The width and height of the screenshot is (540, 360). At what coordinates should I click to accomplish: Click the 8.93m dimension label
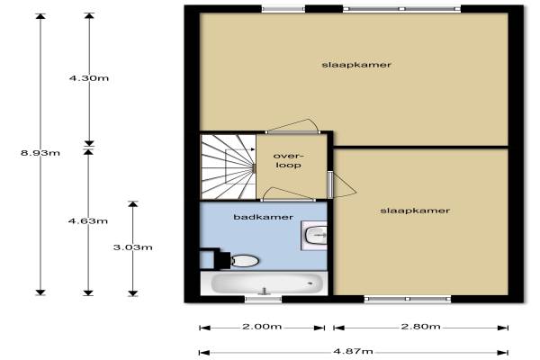40,153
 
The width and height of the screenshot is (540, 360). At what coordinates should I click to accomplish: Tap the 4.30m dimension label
89,78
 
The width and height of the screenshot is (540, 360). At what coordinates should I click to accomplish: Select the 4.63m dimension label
88,220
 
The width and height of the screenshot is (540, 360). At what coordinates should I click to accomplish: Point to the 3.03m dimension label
133,247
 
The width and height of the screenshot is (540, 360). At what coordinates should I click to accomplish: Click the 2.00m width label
262,326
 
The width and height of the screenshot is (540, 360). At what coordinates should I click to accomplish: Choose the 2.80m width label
420,326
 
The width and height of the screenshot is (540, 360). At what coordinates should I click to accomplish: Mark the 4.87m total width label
353,351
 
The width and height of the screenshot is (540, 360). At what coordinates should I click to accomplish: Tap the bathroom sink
314,235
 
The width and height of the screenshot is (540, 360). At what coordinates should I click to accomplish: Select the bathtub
264,283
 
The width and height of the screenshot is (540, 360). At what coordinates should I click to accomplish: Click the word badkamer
264,217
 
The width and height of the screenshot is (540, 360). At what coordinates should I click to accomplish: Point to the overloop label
288,160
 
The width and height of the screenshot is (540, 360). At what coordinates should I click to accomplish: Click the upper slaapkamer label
356,65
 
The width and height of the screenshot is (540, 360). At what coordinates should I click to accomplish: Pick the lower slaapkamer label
415,211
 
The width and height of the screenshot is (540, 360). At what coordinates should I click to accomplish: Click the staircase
229,166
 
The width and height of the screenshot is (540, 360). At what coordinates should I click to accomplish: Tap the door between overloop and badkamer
288,194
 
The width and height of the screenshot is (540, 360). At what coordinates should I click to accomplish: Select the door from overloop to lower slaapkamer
341,185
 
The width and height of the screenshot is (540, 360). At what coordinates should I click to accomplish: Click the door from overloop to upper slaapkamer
293,126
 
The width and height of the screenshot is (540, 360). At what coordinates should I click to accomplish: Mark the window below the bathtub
263,299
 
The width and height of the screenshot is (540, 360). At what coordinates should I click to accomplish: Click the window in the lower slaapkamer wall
408,299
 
